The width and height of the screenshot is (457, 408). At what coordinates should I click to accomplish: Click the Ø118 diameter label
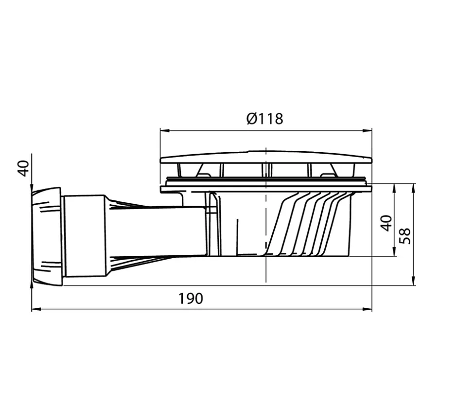click(264, 118)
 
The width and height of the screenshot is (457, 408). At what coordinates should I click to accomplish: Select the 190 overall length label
click(190, 298)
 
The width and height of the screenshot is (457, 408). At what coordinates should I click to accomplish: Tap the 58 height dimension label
click(405, 235)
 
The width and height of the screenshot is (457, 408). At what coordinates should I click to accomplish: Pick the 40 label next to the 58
click(386, 223)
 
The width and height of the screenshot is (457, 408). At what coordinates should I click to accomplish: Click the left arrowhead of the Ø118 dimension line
click(164, 130)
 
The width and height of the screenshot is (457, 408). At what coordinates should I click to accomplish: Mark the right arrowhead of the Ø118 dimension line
click(368, 130)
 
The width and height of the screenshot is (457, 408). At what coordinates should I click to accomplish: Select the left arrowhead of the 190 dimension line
click(35, 309)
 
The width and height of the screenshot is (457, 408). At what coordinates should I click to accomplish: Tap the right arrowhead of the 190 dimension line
click(368, 309)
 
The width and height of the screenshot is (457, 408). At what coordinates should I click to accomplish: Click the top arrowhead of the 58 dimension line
click(413, 187)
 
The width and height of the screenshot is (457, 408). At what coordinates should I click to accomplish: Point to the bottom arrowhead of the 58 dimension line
click(413, 282)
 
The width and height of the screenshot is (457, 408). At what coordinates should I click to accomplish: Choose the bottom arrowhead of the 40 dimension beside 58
click(394, 252)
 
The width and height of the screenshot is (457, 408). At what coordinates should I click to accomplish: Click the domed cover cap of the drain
click(265, 157)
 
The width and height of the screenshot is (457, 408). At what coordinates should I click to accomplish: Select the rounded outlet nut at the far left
click(47, 236)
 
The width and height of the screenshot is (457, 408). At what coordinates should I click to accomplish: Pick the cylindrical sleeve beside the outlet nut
click(85, 236)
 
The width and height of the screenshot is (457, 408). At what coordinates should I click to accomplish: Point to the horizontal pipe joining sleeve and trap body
click(156, 231)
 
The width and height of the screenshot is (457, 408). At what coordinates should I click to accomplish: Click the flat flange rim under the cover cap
click(265, 189)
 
